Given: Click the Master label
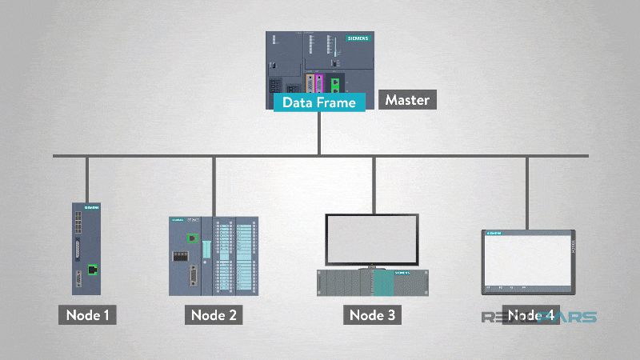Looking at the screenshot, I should pyautogui.click(x=407, y=100).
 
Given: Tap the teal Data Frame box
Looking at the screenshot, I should pyautogui.click(x=319, y=102).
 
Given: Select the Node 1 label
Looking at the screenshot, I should pyautogui.click(x=87, y=314).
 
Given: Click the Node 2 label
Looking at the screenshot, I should pyautogui.click(x=214, y=314).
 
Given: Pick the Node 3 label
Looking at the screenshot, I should pyautogui.click(x=372, y=314).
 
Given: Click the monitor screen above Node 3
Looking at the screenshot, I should pyautogui.click(x=372, y=238).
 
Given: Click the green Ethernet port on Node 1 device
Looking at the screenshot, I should pyautogui.click(x=94, y=270).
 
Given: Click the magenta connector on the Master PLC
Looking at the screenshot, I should pyautogui.click(x=318, y=84).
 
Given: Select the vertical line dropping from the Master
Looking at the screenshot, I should pyautogui.click(x=319, y=132).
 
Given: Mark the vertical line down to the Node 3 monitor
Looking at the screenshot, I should pyautogui.click(x=372, y=184).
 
